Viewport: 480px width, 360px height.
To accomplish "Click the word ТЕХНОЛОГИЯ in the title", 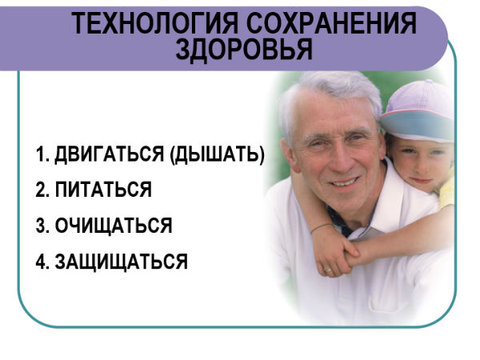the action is pos(155,23).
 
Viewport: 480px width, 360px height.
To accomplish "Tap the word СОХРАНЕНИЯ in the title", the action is pos(331,23).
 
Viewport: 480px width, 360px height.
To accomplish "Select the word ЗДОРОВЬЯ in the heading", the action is pos(244,50).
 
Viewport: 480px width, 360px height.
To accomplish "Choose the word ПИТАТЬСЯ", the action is pos(103,190).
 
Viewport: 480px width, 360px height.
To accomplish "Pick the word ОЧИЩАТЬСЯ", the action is pos(114,226).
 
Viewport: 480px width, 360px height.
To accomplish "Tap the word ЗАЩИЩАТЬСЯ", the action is pos(122,262).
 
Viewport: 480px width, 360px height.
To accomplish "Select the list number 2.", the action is pos(42,190).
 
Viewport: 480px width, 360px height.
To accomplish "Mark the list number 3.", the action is pos(42,226).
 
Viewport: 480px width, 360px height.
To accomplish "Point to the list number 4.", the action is pos(42,262).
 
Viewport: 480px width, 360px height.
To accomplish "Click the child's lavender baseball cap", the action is pos(418,112).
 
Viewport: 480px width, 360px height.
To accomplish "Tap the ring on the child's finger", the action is pos(328,270).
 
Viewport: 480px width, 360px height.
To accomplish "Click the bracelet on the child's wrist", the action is pos(321,227).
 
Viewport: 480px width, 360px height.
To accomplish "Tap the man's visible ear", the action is pos(290,155).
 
